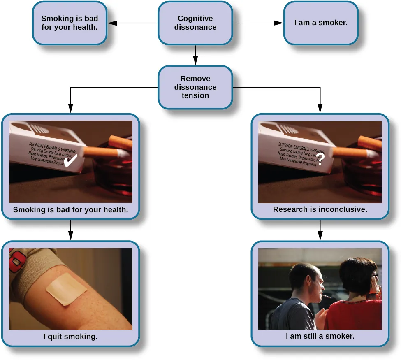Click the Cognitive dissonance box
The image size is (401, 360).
[x=195, y=23]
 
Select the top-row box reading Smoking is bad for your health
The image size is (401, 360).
[x=70, y=23]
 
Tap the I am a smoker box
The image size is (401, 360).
[x=320, y=23]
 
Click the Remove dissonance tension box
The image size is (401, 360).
[x=195, y=87]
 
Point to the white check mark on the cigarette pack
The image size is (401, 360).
[x=71, y=161]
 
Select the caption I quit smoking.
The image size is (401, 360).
[x=70, y=337]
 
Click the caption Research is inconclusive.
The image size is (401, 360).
[x=320, y=209]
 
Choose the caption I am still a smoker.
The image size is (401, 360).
[x=320, y=336]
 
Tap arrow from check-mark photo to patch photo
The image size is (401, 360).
[x=70, y=230]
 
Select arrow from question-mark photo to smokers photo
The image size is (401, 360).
[x=320, y=230]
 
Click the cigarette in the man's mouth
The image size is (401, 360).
[x=325, y=296]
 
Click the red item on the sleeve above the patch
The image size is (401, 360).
[x=17, y=260]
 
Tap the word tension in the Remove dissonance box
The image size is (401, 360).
[x=195, y=95]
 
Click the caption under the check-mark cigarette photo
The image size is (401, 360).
[x=70, y=209]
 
